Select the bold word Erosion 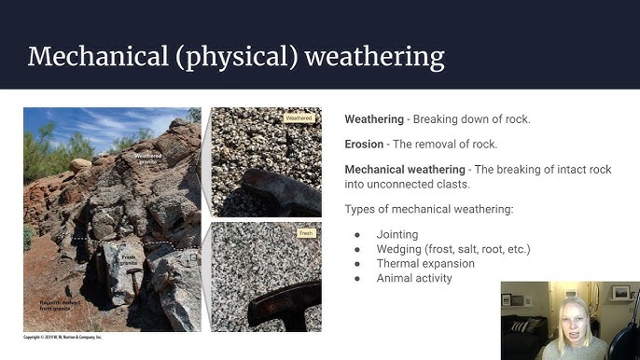pos(364,145)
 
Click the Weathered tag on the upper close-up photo pos(299,118)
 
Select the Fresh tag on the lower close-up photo pos(305,231)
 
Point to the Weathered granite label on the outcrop pos(152,159)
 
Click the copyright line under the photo pos(63,337)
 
